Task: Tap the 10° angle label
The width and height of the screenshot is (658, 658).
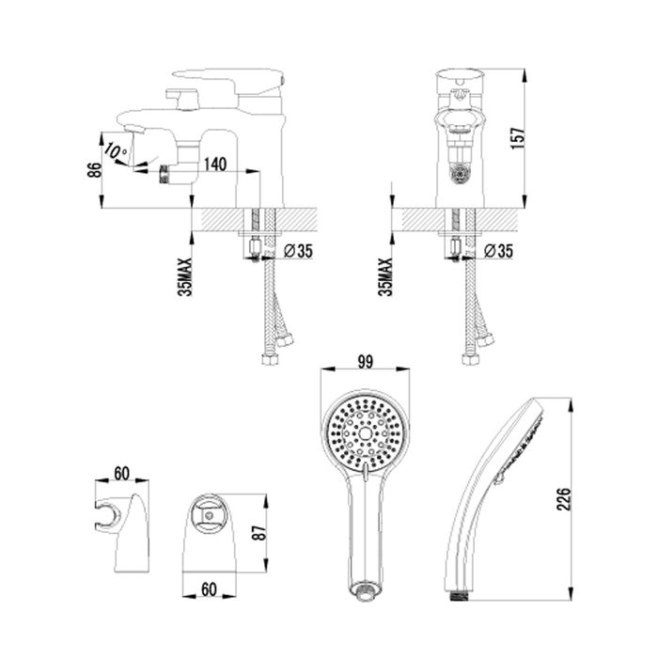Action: (x=116, y=150)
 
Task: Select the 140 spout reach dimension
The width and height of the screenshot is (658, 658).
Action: (x=215, y=164)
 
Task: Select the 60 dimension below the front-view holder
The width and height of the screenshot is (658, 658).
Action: (x=212, y=591)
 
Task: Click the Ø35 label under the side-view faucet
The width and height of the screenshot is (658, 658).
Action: (x=298, y=251)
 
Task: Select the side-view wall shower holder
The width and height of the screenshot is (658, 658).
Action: (x=127, y=531)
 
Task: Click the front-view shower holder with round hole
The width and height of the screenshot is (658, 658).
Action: (x=211, y=531)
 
